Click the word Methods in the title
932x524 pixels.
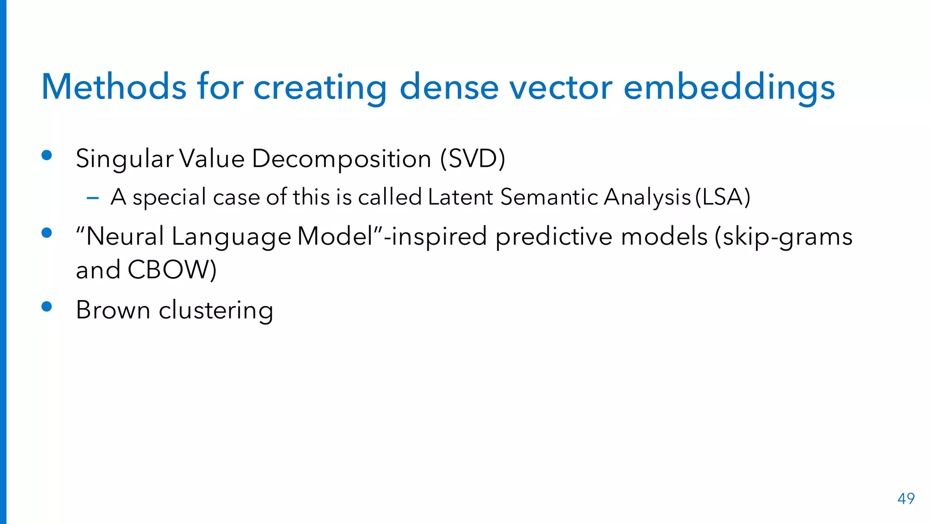click(x=114, y=87)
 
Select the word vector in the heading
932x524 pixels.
click(x=561, y=87)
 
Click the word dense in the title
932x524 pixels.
click(x=449, y=87)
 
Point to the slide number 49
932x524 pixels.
click(x=906, y=499)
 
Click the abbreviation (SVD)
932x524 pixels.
click(x=472, y=159)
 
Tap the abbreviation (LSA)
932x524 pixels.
click(x=723, y=197)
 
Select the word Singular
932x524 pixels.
click(x=124, y=159)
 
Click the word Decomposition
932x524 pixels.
click(x=341, y=159)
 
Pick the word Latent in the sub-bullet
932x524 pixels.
click(x=460, y=197)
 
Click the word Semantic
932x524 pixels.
click(x=549, y=197)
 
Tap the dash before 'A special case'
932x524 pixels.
click(x=93, y=198)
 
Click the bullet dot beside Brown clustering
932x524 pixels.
click(x=46, y=307)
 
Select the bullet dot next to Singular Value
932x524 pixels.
click(x=46, y=156)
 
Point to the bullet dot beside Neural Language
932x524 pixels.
click(x=46, y=233)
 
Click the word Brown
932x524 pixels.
click(x=113, y=310)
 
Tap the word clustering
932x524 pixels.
click(x=216, y=310)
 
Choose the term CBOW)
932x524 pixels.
click(x=172, y=270)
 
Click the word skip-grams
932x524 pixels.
click(x=784, y=237)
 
